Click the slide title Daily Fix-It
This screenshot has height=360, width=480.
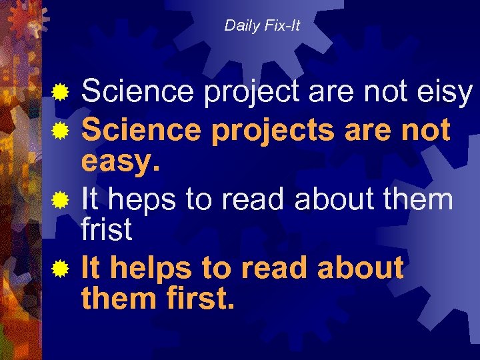click(262, 26)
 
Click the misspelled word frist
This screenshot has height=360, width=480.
click(107, 229)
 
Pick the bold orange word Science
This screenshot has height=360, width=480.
click(141, 130)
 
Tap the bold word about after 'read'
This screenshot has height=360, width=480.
click(361, 268)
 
